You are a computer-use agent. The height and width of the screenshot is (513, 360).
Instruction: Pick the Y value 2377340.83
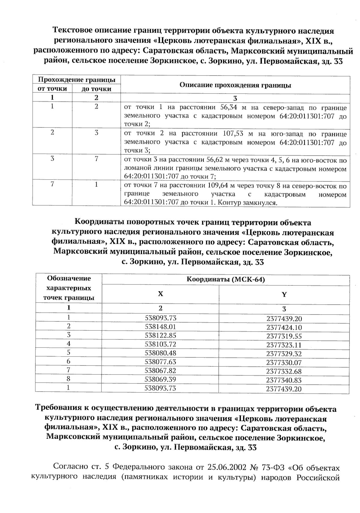[284, 380]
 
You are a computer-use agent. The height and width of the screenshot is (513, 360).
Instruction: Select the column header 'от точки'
[52, 89]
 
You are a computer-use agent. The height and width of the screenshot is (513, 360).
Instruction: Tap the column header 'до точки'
[96, 89]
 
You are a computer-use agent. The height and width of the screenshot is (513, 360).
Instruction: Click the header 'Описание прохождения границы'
[235, 85]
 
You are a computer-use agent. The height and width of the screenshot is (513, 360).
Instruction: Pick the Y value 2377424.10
[284, 327]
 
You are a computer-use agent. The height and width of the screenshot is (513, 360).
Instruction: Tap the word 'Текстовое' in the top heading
[72, 31]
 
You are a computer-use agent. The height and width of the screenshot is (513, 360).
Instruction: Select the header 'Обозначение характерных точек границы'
[69, 288]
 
